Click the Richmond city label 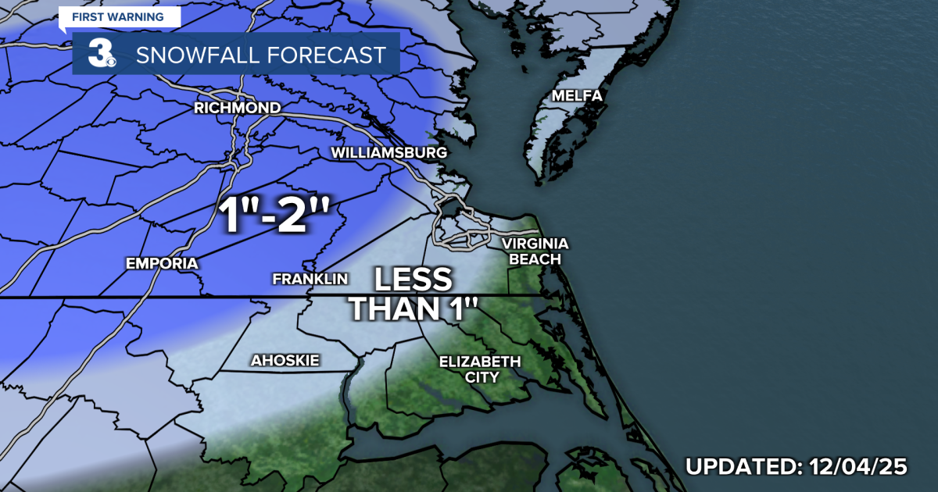pos(237,108)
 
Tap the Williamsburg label pos(388,152)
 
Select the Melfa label pos(577,96)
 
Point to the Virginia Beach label pos(536,251)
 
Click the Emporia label pos(162,263)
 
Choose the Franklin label pos(310,279)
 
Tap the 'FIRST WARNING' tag pos(120,16)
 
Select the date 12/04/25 pos(857,467)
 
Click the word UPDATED pos(739,467)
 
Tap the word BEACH pos(536,258)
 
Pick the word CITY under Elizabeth pos(479,377)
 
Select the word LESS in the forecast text pos(412,280)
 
